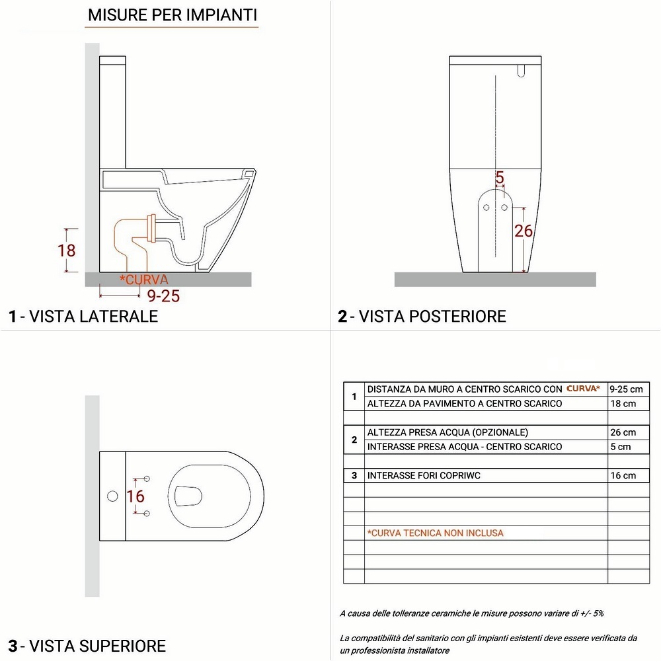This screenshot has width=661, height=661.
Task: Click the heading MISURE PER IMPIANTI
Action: [173, 15]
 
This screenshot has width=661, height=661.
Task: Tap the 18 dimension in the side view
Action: [67, 251]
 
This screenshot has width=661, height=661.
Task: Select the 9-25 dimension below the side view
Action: [163, 296]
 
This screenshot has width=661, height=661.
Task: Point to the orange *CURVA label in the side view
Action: [144, 280]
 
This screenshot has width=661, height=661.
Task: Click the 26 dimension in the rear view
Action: [524, 231]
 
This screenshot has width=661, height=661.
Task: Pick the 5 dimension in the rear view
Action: [500, 177]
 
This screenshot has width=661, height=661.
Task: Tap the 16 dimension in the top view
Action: [136, 496]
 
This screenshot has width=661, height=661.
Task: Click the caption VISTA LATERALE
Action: [83, 316]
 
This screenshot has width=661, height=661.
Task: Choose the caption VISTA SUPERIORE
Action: [87, 645]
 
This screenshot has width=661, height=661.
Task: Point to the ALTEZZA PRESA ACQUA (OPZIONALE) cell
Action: [447, 432]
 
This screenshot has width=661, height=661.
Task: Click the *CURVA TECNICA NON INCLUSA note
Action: [435, 533]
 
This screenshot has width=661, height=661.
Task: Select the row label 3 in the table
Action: [354, 475]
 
